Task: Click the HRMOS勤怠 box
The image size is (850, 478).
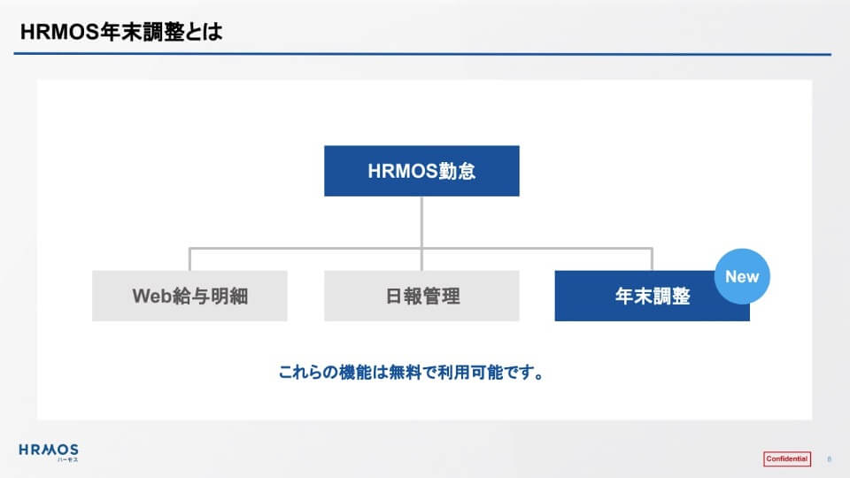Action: pos(421,171)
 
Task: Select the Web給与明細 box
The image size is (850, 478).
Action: pos(189,296)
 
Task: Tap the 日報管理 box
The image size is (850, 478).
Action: pos(421,296)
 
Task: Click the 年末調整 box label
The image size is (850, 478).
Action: pos(653,296)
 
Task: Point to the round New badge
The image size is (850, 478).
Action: pos(742,276)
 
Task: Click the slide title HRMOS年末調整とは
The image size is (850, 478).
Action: pos(121,32)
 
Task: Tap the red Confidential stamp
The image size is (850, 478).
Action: pos(787,459)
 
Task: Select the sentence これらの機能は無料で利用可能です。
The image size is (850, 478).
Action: pos(411,373)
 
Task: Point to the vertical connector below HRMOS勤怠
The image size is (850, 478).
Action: pos(421,233)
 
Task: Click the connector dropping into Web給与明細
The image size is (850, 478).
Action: pos(189,259)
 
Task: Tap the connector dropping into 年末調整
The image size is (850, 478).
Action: pos(652,259)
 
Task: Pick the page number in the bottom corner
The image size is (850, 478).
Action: pos(829,459)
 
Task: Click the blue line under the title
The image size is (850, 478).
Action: pos(422,54)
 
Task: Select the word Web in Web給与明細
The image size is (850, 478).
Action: pos(152,296)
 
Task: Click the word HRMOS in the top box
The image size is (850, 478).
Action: pos(403,171)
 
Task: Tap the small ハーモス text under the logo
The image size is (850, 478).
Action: pos(68,459)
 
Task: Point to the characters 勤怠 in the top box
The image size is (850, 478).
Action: pos(457,171)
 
